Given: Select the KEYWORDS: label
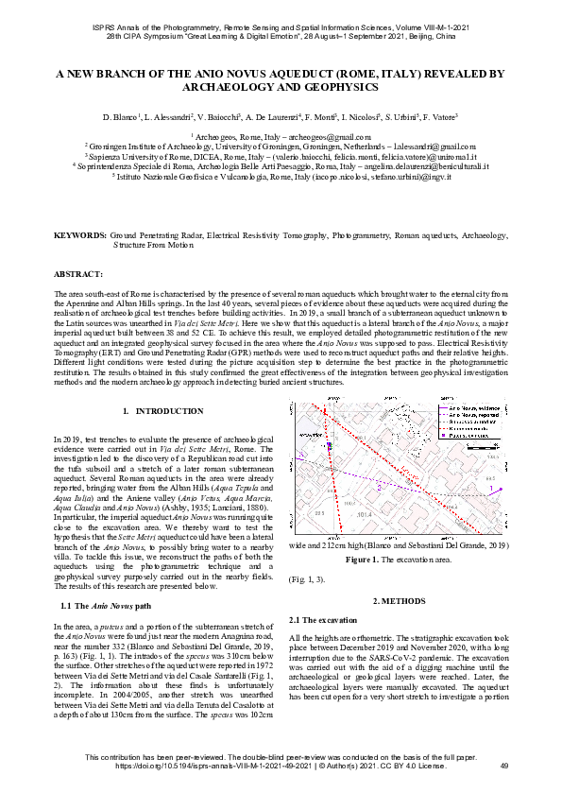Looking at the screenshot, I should [80, 234].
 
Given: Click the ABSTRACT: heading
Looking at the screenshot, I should [77, 273].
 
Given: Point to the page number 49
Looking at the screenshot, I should [503, 765].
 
